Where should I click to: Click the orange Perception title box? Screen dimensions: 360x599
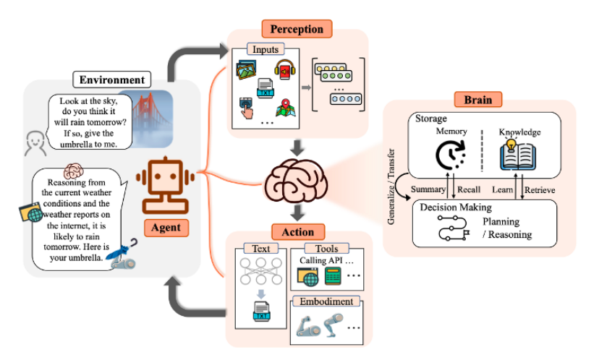pyautogui.click(x=297, y=29)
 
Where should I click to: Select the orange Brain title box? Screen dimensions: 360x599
pyautogui.click(x=477, y=99)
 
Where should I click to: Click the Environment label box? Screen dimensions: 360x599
pyautogui.click(x=112, y=80)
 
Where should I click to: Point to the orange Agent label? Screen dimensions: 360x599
pyautogui.click(x=166, y=228)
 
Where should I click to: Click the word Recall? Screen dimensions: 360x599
pyautogui.click(x=469, y=189)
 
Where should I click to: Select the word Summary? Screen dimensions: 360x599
pyautogui.click(x=428, y=189)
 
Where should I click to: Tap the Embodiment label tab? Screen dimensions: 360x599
pyautogui.click(x=324, y=301)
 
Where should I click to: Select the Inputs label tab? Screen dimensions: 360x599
pyautogui.click(x=264, y=49)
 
